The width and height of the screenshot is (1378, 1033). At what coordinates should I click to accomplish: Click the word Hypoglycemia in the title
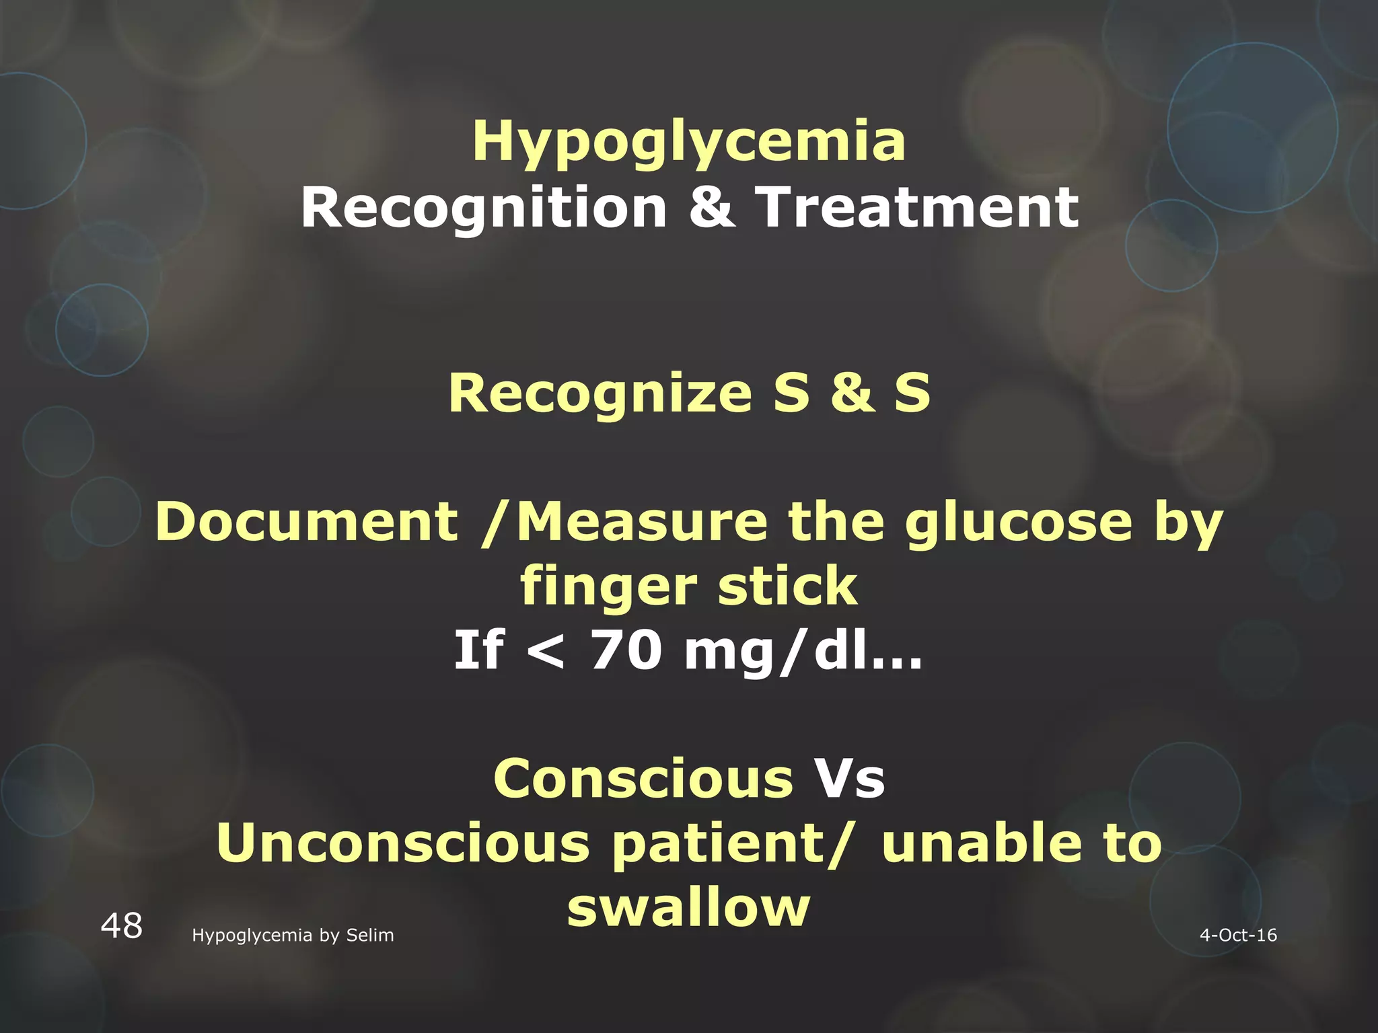689,143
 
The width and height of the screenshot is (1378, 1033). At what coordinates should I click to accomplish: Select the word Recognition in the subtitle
484,208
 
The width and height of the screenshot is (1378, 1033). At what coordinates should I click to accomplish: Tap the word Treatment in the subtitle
917,208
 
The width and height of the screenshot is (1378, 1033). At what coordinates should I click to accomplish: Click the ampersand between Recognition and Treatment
712,208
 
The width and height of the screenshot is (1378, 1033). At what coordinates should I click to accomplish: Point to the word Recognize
600,393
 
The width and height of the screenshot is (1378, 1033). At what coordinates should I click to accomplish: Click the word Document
307,523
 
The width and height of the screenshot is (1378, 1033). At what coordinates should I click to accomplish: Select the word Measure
643,523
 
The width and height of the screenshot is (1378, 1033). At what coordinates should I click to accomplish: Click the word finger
608,586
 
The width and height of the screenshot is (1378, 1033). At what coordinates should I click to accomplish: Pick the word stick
787,586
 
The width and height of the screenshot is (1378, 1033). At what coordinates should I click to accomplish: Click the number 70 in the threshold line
626,651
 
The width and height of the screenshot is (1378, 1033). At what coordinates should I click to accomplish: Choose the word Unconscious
403,844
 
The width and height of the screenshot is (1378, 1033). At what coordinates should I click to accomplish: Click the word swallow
688,907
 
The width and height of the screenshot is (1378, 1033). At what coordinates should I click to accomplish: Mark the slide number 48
122,927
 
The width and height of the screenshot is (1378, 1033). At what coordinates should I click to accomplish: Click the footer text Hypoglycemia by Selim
293,935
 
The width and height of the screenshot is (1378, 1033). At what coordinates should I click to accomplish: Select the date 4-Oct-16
1238,935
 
